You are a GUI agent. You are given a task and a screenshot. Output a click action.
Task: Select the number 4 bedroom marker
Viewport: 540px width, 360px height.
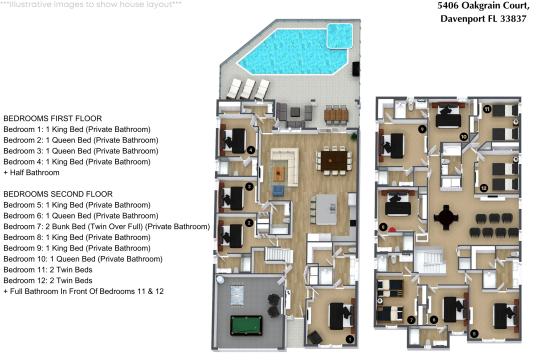click(x=250, y=152)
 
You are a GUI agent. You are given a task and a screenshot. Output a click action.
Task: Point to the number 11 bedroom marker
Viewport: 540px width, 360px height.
click(x=487, y=108)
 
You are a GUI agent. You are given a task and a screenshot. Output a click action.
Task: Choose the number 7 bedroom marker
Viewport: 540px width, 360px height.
click(x=411, y=320)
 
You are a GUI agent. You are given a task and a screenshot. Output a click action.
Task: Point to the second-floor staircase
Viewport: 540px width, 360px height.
click(x=432, y=265)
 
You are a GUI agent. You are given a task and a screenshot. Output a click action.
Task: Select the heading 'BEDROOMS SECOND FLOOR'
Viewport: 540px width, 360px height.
click(x=58, y=193)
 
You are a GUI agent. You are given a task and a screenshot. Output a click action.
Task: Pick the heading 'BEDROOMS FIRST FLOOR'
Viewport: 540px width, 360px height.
click(x=52, y=118)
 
